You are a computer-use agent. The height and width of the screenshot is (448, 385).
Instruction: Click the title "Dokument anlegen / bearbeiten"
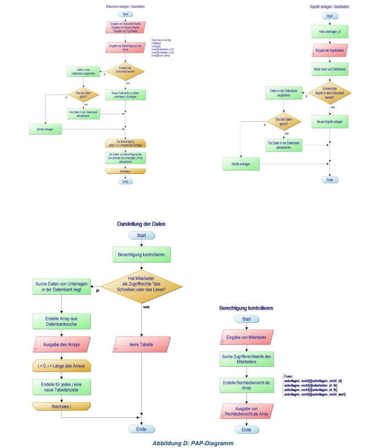point(125,7)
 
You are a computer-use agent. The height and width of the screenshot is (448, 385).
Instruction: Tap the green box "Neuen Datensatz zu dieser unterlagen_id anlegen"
point(125,94)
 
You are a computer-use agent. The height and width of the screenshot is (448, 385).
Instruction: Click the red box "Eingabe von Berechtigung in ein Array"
point(125,47)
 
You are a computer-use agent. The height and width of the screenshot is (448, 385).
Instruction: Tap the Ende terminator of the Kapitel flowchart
point(329,180)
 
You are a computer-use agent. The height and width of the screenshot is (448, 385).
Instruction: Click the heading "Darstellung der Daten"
point(141,225)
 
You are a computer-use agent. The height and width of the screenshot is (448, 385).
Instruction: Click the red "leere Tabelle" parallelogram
point(142,345)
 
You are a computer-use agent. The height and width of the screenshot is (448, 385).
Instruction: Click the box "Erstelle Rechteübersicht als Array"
point(246,385)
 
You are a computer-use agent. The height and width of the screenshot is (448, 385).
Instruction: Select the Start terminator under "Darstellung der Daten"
point(141,235)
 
